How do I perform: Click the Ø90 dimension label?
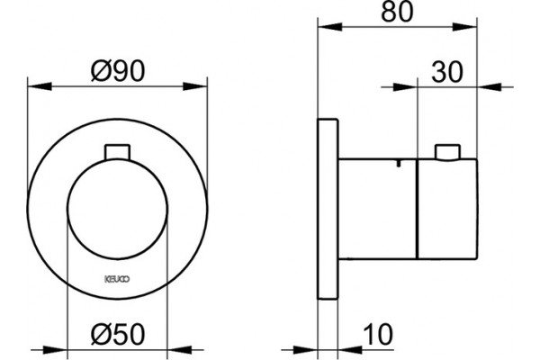118,71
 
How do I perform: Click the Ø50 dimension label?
118,334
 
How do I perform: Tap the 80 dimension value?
397,12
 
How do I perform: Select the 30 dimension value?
447,72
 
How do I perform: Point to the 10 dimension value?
378,334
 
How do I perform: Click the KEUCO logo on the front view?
117,279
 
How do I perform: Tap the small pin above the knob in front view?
117,152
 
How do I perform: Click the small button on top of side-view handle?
447,152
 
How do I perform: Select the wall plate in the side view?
328,209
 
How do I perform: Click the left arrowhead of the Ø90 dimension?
40,86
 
